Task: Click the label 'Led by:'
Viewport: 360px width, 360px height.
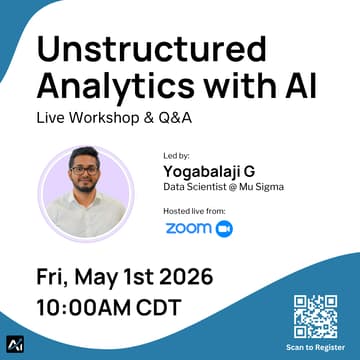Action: [x=175, y=157]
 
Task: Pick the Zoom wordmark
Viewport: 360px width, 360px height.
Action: [x=187, y=229]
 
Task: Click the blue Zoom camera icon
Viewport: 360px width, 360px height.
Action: [x=224, y=229]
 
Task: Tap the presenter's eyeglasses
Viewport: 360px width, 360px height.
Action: [x=85, y=169]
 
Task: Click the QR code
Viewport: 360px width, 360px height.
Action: [x=317, y=316]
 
